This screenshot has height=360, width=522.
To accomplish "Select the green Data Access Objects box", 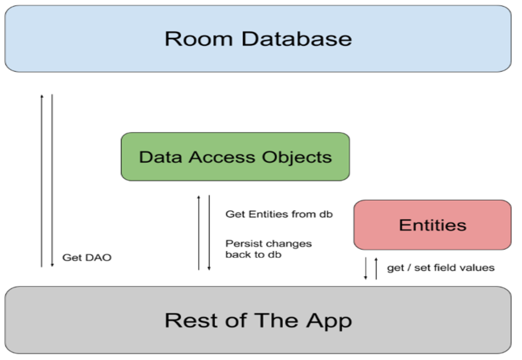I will point(235,157).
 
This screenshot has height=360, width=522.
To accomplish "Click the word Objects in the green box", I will point(303,157).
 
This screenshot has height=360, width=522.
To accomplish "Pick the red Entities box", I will point(432,225).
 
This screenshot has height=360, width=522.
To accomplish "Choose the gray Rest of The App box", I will point(258,320).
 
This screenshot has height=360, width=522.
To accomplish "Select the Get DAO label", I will point(87,258).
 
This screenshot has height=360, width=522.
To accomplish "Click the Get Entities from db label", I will point(279,214).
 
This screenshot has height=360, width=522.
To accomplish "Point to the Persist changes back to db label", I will point(268,249).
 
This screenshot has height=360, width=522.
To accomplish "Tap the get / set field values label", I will point(441,268).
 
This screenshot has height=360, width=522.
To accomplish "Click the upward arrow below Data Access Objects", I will point(198,232).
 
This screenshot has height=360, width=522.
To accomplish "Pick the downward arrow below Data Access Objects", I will point(209,232).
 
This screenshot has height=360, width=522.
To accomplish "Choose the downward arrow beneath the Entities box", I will point(365,268).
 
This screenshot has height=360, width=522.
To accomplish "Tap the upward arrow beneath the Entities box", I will point(375,268).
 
